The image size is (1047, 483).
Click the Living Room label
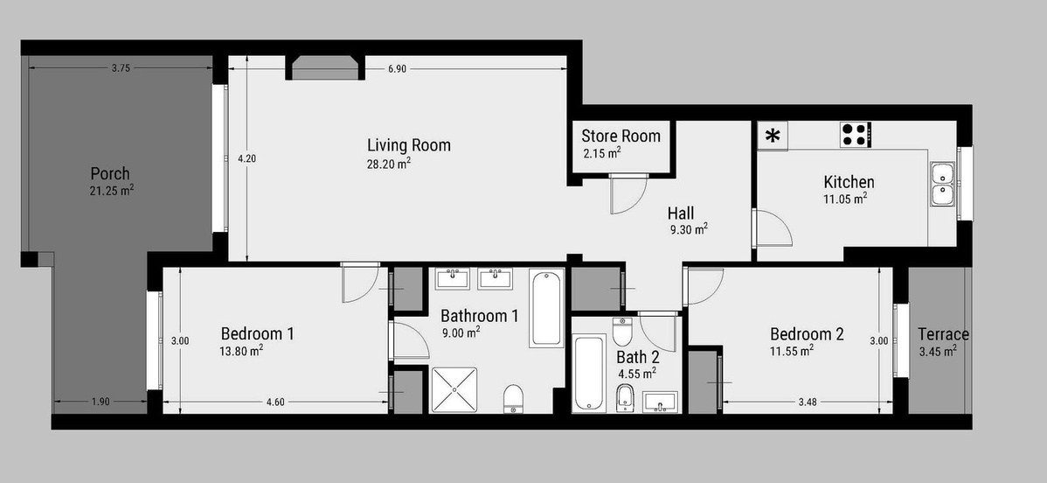pyautogui.click(x=409, y=144)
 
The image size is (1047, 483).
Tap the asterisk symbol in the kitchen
pyautogui.click(x=773, y=136)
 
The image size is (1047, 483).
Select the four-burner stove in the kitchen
pyautogui.click(x=856, y=134)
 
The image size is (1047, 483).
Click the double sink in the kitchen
pyautogui.click(x=943, y=183)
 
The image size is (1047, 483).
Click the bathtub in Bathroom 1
pyautogui.click(x=546, y=308)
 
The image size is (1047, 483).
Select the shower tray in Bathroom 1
pyautogui.click(x=454, y=390)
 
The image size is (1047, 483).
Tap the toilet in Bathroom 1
pyautogui.click(x=513, y=399)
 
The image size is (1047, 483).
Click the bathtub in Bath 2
pyautogui.click(x=589, y=373)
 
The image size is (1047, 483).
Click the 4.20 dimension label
pyautogui.click(x=246, y=158)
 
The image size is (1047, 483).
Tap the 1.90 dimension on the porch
pyautogui.click(x=101, y=402)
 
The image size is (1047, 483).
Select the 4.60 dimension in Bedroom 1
pyautogui.click(x=275, y=402)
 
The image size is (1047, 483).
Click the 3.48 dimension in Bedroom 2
pyautogui.click(x=808, y=402)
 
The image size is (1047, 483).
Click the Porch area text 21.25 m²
pyautogui.click(x=112, y=191)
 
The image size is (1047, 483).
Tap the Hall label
pyautogui.click(x=681, y=213)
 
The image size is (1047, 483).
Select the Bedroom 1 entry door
pyautogui.click(x=361, y=283)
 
